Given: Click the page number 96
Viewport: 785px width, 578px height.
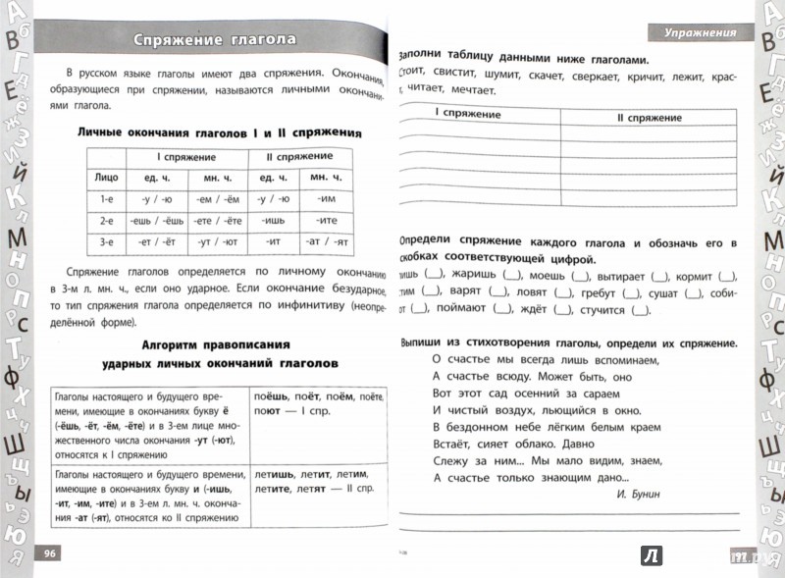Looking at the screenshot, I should pyautogui.click(x=49, y=553).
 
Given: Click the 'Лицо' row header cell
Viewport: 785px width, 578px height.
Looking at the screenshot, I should pyautogui.click(x=107, y=179).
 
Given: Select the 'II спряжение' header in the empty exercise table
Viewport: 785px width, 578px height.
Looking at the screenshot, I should pyautogui.click(x=649, y=118).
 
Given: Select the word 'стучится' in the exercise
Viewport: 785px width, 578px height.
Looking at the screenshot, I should pyautogui.click(x=603, y=311).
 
